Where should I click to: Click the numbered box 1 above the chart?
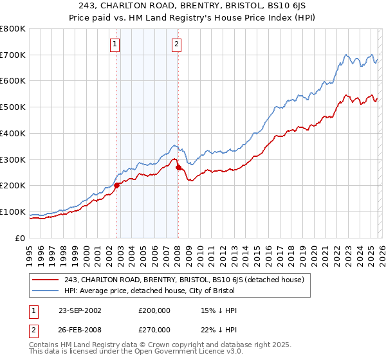click(x=115, y=44)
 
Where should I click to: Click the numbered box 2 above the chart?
click(x=176, y=44)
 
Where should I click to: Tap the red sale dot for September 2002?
click(x=117, y=185)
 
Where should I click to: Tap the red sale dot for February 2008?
click(x=178, y=167)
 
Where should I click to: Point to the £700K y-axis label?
click(x=13, y=55)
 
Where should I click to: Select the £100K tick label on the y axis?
click(x=13, y=212)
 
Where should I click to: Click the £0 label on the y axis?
click(x=19, y=238)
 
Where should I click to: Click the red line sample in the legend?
click(x=45, y=280)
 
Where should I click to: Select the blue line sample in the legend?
click(x=45, y=291)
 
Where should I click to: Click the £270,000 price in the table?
click(x=154, y=329)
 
